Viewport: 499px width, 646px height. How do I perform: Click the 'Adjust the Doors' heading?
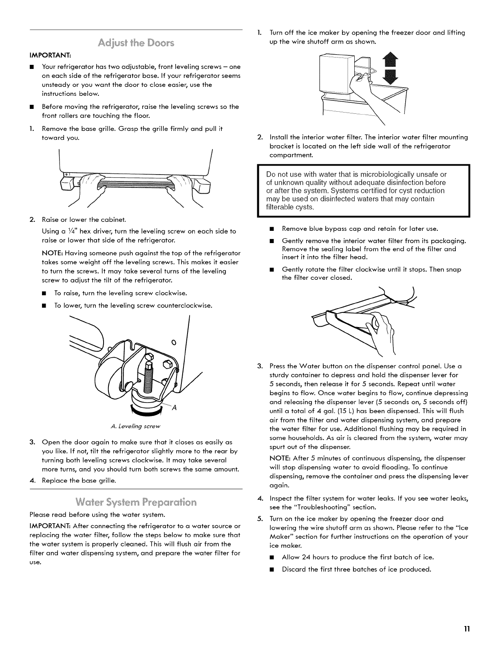(136, 43)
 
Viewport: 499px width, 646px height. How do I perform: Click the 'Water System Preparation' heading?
(136, 502)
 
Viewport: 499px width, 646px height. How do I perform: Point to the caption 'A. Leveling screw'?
(136, 426)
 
